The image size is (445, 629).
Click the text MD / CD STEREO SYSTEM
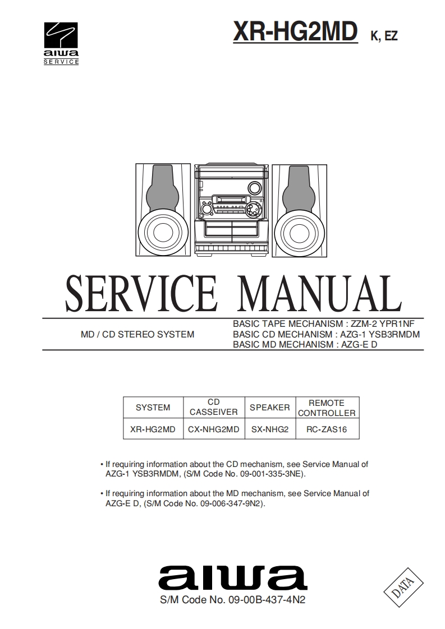point(137,335)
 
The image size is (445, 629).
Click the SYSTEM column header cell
point(153,408)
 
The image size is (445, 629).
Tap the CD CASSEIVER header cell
point(213,408)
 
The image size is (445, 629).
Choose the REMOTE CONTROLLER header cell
point(327,408)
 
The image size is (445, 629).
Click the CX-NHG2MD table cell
point(213,429)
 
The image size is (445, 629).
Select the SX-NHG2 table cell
point(269,429)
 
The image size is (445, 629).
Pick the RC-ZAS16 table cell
point(327,429)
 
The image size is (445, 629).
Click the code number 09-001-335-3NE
point(271,474)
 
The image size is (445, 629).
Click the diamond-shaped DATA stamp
point(401,587)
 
